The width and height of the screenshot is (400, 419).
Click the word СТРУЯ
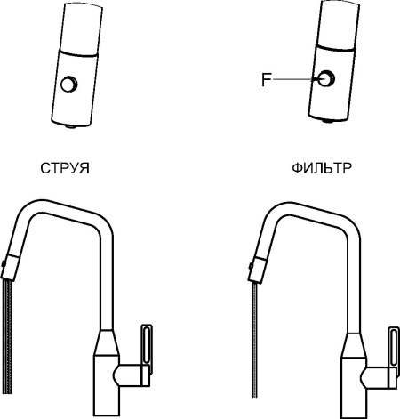click(x=65, y=168)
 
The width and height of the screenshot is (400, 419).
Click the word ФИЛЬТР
click(x=322, y=168)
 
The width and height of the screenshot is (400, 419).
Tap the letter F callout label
click(x=267, y=79)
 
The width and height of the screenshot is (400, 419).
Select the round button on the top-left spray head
click(x=69, y=84)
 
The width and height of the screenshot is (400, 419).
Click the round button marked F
click(x=326, y=78)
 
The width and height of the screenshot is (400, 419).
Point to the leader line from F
click(x=295, y=79)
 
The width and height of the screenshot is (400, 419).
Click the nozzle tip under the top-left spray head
click(x=71, y=126)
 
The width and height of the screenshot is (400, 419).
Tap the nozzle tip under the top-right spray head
click(x=327, y=121)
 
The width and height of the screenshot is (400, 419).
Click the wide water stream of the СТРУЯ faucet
click(x=7, y=337)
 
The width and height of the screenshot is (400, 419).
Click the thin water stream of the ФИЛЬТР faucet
click(x=255, y=340)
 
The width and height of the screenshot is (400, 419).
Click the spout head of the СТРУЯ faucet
click(x=10, y=268)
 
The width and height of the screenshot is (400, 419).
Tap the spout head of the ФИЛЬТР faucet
click(x=257, y=270)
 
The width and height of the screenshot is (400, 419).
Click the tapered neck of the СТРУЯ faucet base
click(x=107, y=342)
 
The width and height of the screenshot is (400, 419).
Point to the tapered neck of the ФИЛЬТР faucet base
click(x=354, y=345)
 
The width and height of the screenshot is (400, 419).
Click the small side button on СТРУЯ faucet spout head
click(x=4, y=263)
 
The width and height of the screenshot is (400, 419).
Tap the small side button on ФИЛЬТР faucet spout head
click(x=251, y=266)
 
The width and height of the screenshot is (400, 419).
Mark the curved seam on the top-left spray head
click(x=78, y=53)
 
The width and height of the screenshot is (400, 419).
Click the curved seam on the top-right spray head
click(x=335, y=48)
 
